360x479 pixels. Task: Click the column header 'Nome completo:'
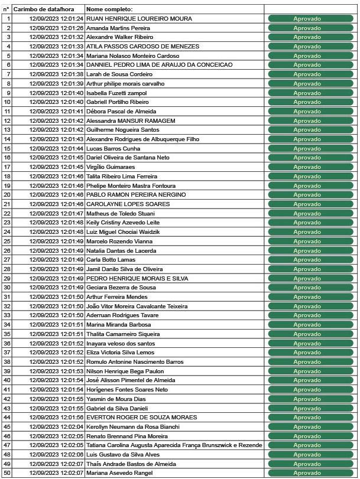coord(109,10)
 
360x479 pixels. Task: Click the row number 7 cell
coord(7,74)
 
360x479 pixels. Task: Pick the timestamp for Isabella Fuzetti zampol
coord(56,93)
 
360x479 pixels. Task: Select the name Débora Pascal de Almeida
coord(121,112)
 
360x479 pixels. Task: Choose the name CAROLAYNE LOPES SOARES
coord(128,204)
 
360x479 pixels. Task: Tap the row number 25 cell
coord(7,242)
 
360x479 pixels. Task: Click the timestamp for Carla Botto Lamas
coord(56,260)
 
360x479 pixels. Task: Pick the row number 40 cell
coord(7,380)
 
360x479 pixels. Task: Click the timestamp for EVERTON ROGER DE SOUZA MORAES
coord(56,418)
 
